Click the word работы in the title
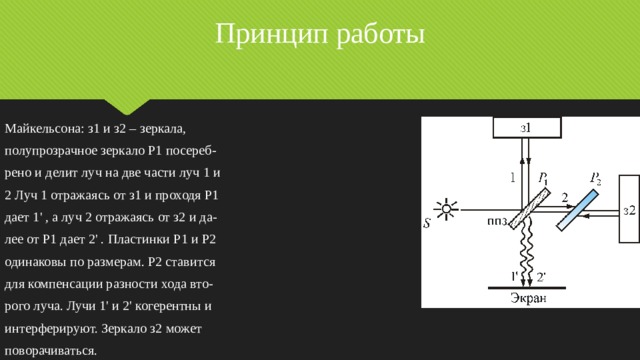(x=372, y=37)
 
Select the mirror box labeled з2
(x=628, y=210)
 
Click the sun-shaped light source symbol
(x=446, y=210)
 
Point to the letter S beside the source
(x=428, y=223)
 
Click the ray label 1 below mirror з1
(x=512, y=178)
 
